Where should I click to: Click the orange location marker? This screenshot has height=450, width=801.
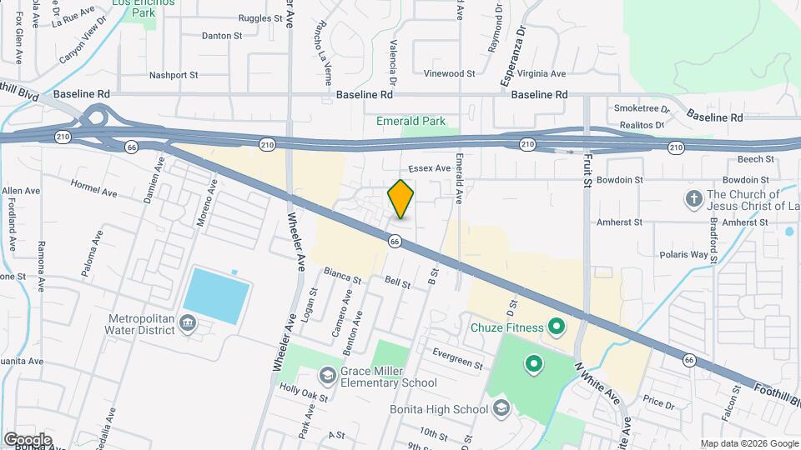click(x=400, y=198)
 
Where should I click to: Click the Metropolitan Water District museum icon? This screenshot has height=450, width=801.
click(x=188, y=323)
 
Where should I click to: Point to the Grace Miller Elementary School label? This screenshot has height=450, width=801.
click(x=388, y=377)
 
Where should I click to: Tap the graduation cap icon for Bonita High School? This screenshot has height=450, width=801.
click(x=501, y=408)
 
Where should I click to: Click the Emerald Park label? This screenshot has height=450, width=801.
click(x=411, y=122)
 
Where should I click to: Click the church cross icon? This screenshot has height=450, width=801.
click(x=693, y=199)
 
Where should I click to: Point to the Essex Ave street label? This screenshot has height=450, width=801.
click(x=430, y=168)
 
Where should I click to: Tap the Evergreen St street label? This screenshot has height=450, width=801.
click(x=457, y=358)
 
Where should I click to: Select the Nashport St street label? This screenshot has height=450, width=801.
click(x=173, y=75)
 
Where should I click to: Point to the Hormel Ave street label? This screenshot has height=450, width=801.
click(x=94, y=187)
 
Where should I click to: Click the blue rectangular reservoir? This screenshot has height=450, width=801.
click(x=216, y=296)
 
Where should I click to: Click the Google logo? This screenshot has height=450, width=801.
click(x=28, y=440)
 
